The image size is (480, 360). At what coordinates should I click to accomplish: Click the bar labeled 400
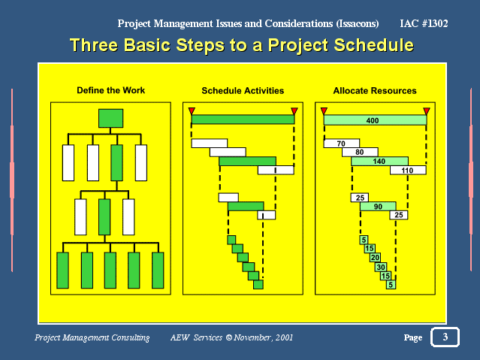[x=375, y=120]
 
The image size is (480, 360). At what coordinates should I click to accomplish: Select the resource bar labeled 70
[x=342, y=144]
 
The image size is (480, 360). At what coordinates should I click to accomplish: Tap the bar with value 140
[x=379, y=161]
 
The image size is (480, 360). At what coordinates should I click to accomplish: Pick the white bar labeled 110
[x=408, y=170]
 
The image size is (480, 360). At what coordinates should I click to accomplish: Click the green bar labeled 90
[x=378, y=207]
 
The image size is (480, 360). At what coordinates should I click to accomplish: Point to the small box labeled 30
[x=381, y=267]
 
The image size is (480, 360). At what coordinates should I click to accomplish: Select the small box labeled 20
[x=376, y=258]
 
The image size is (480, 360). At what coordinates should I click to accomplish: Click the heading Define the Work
[x=111, y=90]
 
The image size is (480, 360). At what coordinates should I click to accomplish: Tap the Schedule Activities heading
[x=243, y=91]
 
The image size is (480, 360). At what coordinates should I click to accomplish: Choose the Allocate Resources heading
[x=375, y=91]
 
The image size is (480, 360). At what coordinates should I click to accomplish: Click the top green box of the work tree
[x=111, y=118]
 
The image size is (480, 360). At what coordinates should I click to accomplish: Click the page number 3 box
[x=445, y=337]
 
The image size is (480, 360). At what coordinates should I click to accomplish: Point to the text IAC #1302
[x=424, y=23]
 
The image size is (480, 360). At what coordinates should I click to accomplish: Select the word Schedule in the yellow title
[x=374, y=45]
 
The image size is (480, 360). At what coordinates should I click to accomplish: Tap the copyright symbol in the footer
[x=229, y=337]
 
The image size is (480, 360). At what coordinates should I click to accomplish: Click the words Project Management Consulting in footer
[x=92, y=337]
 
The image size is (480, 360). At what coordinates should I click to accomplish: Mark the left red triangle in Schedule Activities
[x=192, y=111]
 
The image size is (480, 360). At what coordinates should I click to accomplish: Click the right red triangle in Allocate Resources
[x=427, y=111]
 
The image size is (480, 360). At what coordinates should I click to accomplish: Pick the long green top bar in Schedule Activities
[x=243, y=119]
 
